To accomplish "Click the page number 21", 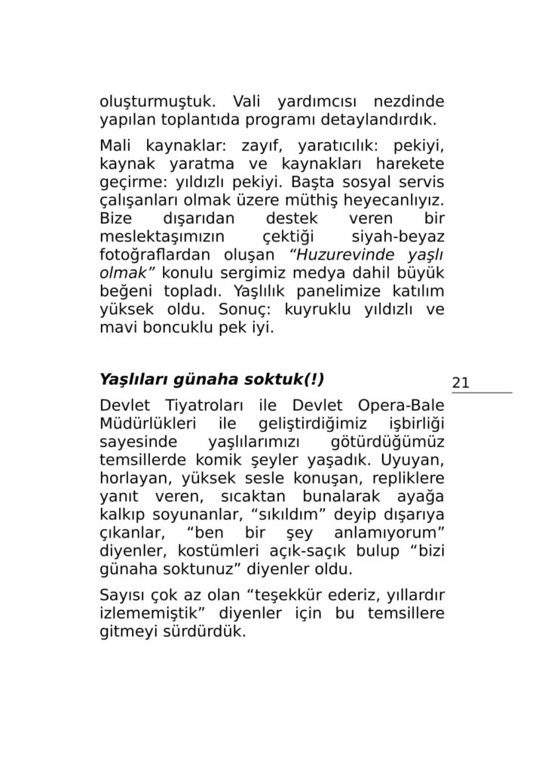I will point(461,383).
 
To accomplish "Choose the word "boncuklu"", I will point(179,328).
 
